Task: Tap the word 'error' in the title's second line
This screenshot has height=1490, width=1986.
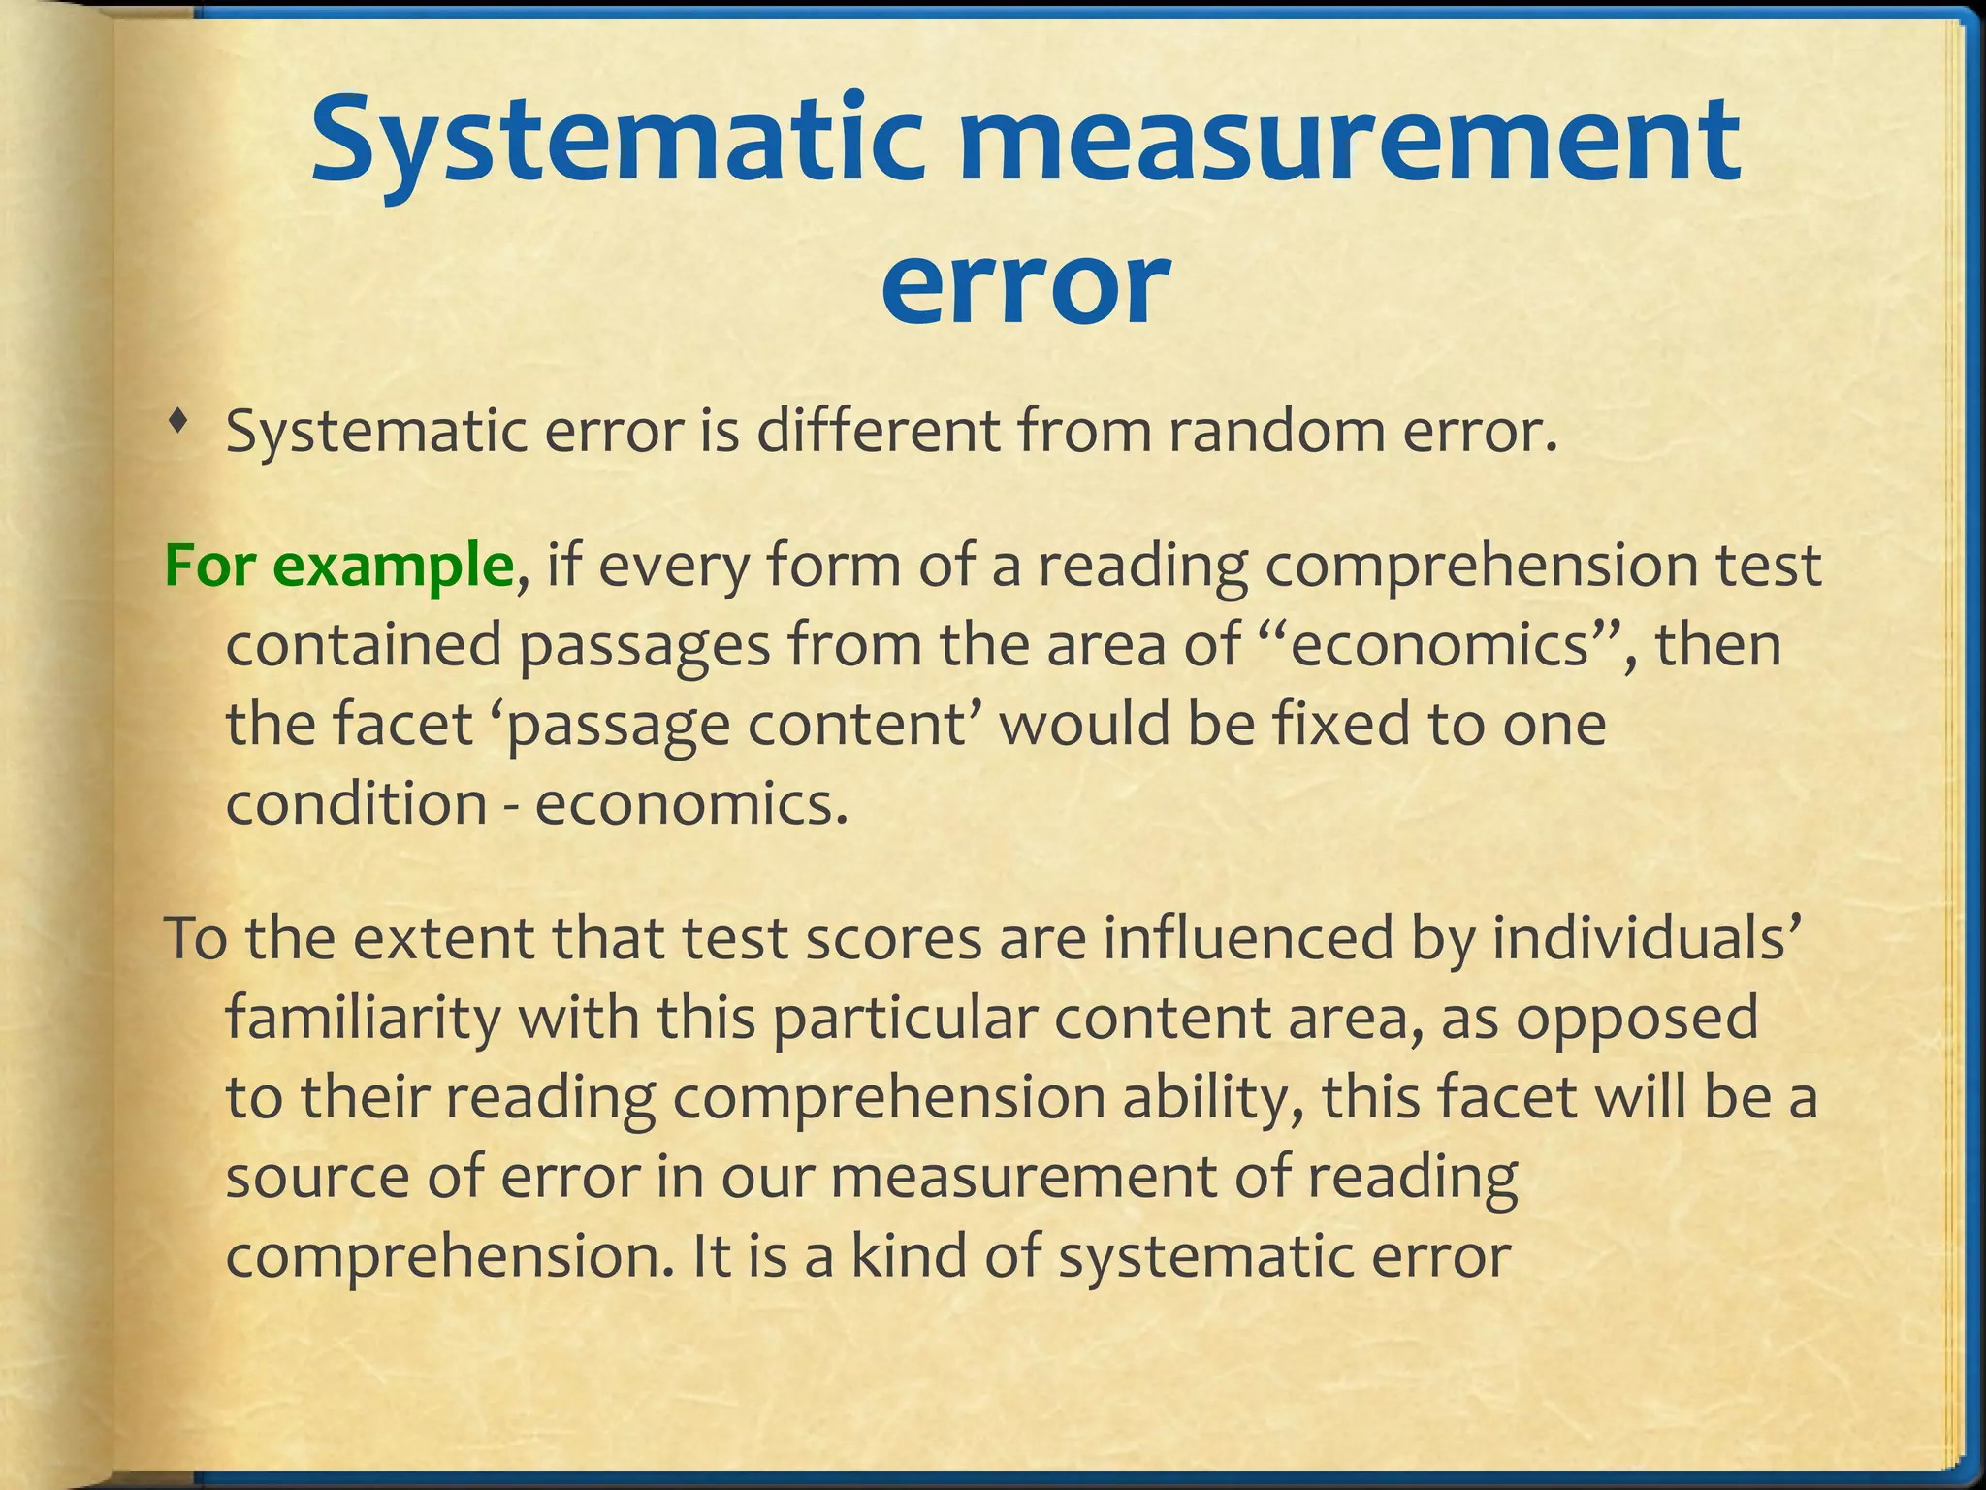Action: (1024, 283)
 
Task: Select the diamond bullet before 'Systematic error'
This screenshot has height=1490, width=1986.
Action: (176, 421)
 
